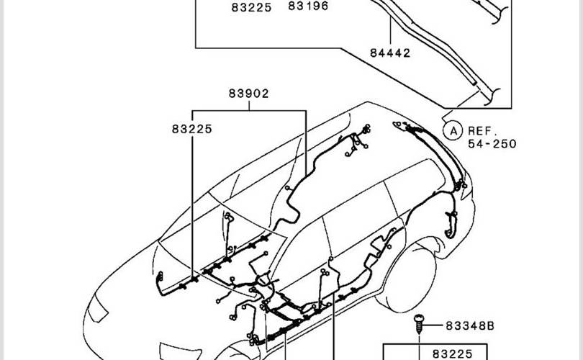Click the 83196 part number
click(308, 6)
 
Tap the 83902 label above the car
click(249, 94)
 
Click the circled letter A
click(451, 131)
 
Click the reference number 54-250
click(492, 144)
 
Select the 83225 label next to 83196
click(251, 7)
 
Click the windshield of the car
click(216, 216)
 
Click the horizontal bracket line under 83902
click(249, 110)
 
